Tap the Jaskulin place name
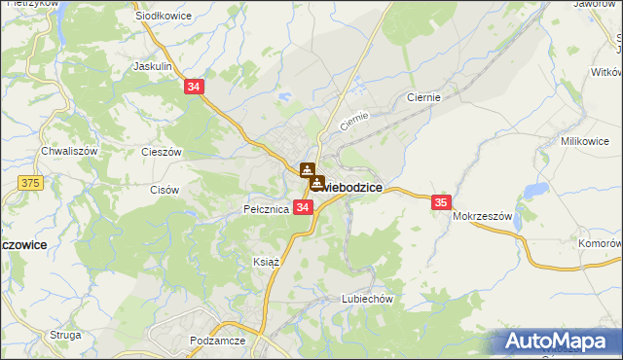(x=153, y=67)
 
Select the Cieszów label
(x=162, y=152)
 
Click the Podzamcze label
(x=219, y=341)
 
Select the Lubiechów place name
(x=366, y=299)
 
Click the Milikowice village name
(x=584, y=141)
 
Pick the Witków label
(x=605, y=73)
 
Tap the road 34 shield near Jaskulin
(x=194, y=87)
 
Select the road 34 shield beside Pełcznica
(x=303, y=207)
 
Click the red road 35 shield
(x=441, y=201)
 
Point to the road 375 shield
(x=30, y=182)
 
